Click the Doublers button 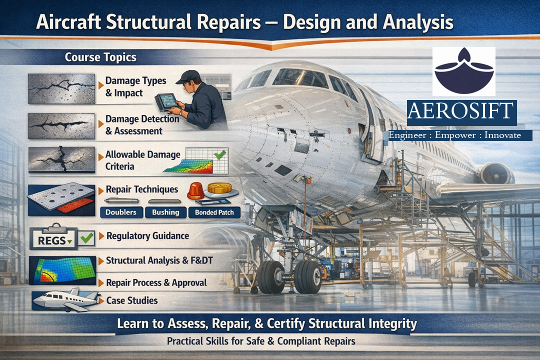click(121, 212)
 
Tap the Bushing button click(165, 212)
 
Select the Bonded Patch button click(214, 212)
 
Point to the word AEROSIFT click(461, 111)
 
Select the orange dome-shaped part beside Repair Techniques click(196, 190)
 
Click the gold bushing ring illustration click(219, 188)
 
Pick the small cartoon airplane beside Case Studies click(65, 299)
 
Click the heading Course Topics click(100, 57)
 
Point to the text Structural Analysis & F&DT click(159, 260)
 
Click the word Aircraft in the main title click(69, 22)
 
